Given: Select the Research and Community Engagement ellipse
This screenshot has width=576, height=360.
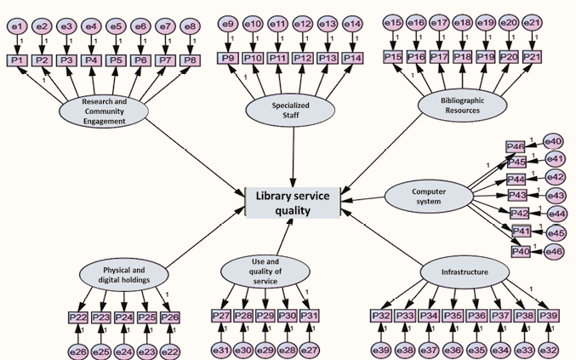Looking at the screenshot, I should point(105,111).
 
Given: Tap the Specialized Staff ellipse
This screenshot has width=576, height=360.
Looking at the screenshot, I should point(290,109).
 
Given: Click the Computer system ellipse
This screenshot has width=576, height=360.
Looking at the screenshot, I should point(429,196).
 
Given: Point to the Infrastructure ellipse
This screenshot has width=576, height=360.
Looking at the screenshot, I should point(465,272).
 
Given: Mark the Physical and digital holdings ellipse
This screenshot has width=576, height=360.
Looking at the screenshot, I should point(125,274).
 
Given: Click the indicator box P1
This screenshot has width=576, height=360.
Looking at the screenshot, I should point(17,60).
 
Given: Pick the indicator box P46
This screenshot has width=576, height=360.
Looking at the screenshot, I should point(516,147).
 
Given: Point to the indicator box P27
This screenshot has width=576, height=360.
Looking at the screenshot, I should point(221,316).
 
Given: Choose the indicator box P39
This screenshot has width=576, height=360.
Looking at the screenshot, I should point(548,316).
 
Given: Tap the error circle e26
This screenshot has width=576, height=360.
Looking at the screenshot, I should point(78,350).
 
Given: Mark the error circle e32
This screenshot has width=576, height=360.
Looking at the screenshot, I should point(548,349).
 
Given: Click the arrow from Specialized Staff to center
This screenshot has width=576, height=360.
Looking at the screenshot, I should point(293,153).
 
